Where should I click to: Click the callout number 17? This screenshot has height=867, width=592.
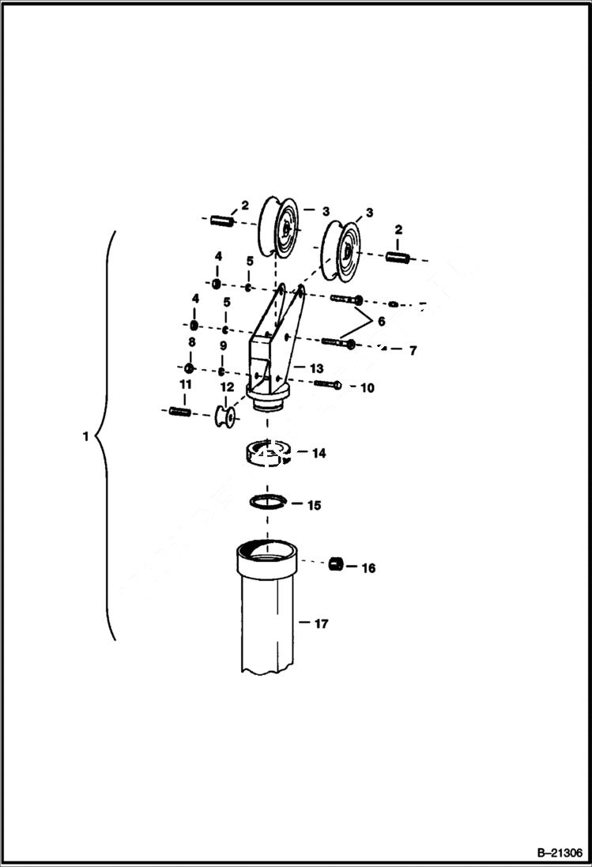pos(320,624)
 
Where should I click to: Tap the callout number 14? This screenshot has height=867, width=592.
pos(319,454)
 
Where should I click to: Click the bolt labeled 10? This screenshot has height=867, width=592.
pos(327,385)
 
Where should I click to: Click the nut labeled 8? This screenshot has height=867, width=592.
pos(189,369)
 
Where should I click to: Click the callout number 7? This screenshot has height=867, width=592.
pos(412,350)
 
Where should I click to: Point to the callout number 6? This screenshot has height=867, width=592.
pos(380,322)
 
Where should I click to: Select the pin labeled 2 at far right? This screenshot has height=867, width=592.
pos(399,257)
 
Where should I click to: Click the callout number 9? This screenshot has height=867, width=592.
pos(223,346)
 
